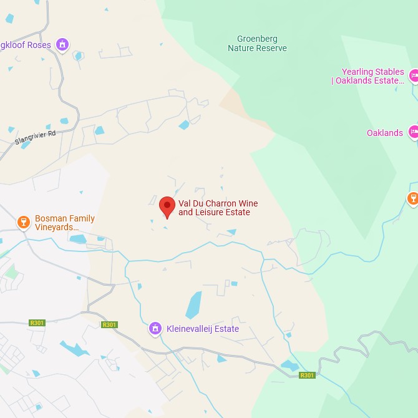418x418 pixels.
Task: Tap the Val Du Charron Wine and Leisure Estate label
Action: click(x=218, y=208)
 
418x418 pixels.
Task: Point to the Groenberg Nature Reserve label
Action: click(x=257, y=44)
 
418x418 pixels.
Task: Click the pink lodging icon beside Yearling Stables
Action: click(x=414, y=76)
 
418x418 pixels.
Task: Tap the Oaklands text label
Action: click(x=384, y=133)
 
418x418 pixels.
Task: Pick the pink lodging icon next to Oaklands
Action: click(x=414, y=132)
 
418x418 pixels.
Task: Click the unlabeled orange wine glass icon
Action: click(x=412, y=198)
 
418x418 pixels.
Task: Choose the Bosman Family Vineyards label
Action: click(x=64, y=223)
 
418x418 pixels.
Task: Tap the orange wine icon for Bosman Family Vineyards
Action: click(x=24, y=222)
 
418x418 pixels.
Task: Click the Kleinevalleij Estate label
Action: click(x=202, y=329)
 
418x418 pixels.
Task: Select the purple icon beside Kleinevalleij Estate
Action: click(x=155, y=328)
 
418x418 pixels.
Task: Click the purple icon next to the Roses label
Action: click(x=61, y=44)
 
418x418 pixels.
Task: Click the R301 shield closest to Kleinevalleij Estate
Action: click(x=109, y=324)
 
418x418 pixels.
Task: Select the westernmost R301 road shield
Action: click(x=37, y=323)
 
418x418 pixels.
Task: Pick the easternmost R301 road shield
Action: click(x=307, y=375)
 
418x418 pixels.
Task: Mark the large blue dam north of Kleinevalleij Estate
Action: click(x=194, y=305)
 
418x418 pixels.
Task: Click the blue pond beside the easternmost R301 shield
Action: click(x=289, y=366)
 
